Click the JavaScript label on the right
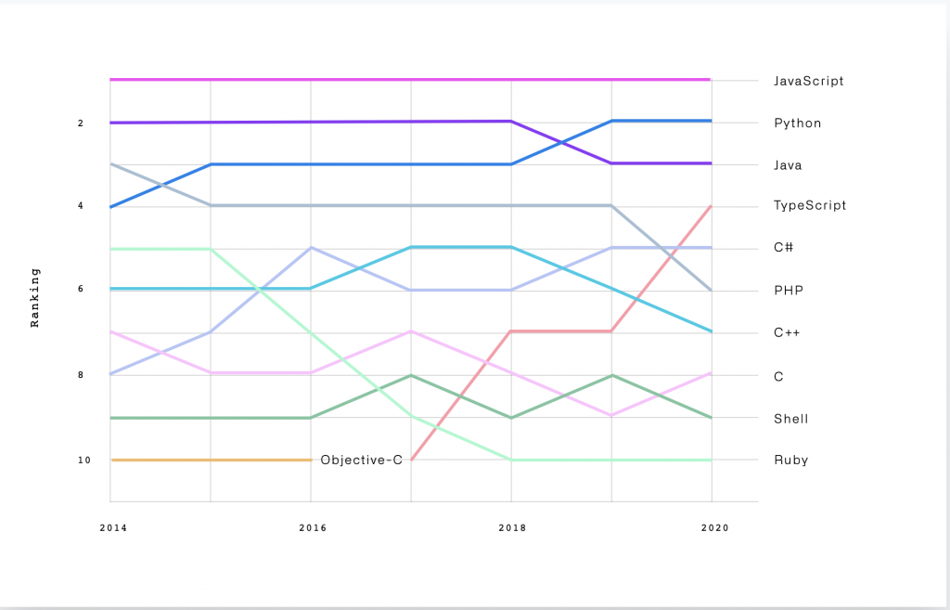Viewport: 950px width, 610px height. pyautogui.click(x=808, y=81)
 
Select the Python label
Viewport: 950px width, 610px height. pyautogui.click(x=797, y=123)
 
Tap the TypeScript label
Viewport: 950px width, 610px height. pyautogui.click(x=810, y=206)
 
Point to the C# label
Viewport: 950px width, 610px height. pyautogui.click(x=783, y=248)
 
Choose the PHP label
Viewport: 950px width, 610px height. pyautogui.click(x=788, y=291)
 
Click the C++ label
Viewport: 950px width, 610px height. pyautogui.click(x=787, y=332)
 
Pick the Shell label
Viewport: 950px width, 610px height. pyautogui.click(x=790, y=419)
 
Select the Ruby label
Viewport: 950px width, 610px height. pyautogui.click(x=790, y=461)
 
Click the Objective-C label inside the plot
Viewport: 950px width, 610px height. pyautogui.click(x=361, y=460)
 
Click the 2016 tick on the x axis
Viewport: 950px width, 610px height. pyautogui.click(x=311, y=527)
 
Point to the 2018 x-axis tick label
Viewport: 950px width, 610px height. pyautogui.click(x=511, y=527)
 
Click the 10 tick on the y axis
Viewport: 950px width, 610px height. pyautogui.click(x=84, y=461)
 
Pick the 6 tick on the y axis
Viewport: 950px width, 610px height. pyautogui.click(x=82, y=290)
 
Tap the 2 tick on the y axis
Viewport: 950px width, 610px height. pyautogui.click(x=82, y=123)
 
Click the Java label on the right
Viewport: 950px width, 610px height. pyautogui.click(x=788, y=165)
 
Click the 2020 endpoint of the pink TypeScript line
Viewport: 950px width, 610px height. pyautogui.click(x=711, y=206)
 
